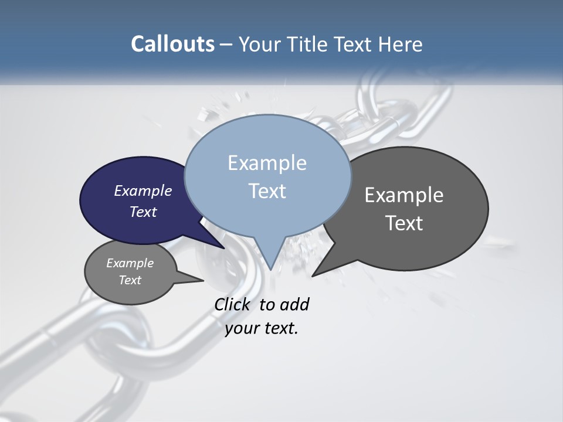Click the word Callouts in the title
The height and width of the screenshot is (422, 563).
pos(172,44)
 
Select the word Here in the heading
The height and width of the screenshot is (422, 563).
pos(401,44)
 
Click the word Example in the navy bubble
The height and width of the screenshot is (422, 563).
pos(143,190)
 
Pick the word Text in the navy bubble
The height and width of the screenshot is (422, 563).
pos(143,212)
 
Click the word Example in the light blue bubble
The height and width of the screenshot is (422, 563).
pos(267,163)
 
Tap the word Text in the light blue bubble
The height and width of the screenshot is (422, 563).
pos(267,191)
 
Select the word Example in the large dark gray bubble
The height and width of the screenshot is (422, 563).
pos(404,195)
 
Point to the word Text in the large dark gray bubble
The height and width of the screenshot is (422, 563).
pos(404,223)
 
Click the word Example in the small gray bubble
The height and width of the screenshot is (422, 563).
pos(130,263)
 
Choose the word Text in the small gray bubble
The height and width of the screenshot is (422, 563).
pos(130,280)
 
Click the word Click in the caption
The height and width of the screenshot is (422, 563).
pos(233,305)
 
